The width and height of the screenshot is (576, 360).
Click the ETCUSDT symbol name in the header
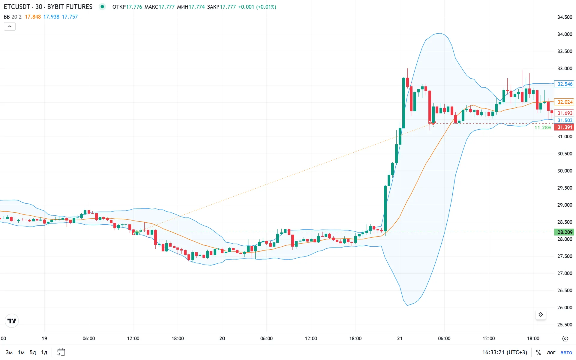(x=17, y=7)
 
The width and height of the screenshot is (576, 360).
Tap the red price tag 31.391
(x=564, y=127)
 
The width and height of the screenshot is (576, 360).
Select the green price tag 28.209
(x=564, y=232)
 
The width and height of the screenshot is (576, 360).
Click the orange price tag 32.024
(x=564, y=102)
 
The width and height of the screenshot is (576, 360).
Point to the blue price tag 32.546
(x=564, y=84)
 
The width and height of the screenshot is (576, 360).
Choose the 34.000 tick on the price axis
(x=565, y=34)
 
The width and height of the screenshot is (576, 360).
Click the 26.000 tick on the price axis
(x=565, y=307)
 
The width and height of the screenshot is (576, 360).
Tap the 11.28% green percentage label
(x=543, y=127)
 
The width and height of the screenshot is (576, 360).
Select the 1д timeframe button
(x=44, y=352)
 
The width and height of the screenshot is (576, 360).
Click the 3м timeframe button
(x=9, y=352)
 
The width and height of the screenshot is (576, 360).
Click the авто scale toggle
(x=566, y=352)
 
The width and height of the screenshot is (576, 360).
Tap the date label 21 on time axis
(x=400, y=338)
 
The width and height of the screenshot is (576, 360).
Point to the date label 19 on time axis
(x=44, y=338)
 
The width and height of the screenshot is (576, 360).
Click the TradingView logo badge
(x=12, y=321)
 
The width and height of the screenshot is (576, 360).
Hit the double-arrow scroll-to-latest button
(x=541, y=314)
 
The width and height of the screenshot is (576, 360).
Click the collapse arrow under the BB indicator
(x=10, y=26)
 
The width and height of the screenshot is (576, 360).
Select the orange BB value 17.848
(x=33, y=17)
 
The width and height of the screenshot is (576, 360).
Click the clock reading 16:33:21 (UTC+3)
(x=505, y=352)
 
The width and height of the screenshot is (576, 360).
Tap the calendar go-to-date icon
(x=61, y=352)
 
